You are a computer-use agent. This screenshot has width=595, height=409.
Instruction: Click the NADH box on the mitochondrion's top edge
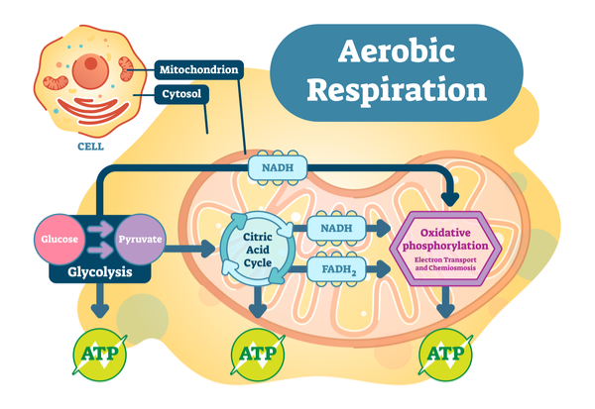click(277, 167)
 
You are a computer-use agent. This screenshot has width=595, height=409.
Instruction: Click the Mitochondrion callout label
click(197, 70)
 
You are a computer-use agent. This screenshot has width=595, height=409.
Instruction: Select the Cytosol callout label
click(180, 95)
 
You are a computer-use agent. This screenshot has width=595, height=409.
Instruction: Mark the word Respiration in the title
click(397, 89)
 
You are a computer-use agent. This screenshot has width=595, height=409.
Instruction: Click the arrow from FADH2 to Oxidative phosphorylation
click(383, 266)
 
